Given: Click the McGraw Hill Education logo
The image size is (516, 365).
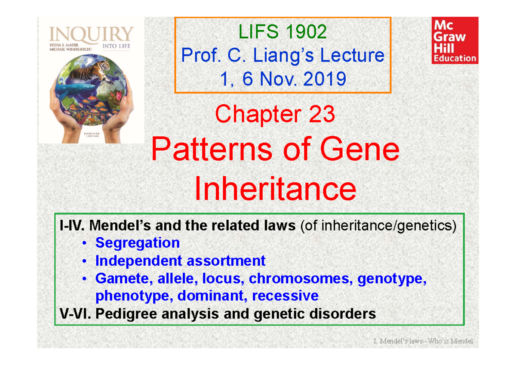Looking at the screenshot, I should (x=455, y=41).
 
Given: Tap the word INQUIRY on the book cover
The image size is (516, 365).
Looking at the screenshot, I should (x=92, y=34).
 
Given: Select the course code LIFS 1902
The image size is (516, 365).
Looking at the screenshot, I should (x=283, y=32).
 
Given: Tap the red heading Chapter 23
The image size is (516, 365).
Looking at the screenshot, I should (x=275, y=115).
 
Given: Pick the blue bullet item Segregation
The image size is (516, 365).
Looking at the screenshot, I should (x=138, y=243).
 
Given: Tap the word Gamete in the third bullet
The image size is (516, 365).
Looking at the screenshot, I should (x=120, y=279).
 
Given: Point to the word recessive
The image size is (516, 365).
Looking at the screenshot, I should (x=285, y=296).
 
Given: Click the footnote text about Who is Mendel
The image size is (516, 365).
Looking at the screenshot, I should (x=423, y=341).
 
